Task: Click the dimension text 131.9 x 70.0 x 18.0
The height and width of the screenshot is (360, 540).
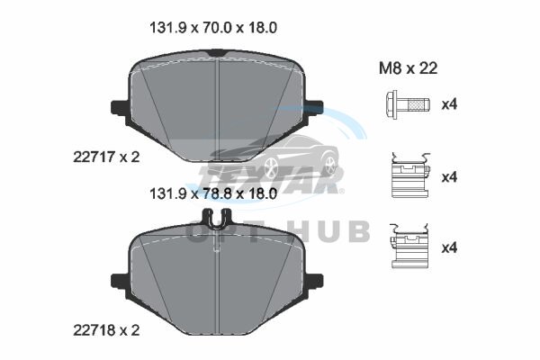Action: [213, 28]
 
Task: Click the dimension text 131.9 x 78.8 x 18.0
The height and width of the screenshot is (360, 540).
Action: [213, 193]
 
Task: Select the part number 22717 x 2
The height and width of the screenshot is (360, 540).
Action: [106, 157]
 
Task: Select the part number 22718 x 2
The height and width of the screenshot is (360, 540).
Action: [106, 330]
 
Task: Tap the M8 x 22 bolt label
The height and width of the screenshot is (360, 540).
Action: [408, 68]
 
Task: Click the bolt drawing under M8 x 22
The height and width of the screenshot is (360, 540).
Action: [408, 103]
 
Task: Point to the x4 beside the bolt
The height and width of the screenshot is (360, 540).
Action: [449, 103]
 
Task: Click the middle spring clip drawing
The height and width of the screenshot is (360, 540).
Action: [410, 175]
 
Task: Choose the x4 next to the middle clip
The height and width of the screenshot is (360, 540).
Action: [449, 177]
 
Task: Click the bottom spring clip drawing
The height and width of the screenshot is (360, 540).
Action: [409, 246]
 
